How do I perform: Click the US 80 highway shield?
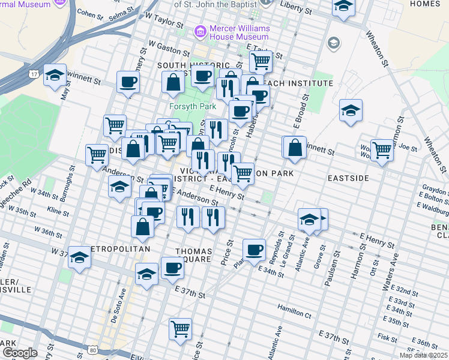pyautogui.click(x=92, y=349)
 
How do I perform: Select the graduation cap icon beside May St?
pyautogui.click(x=55, y=75)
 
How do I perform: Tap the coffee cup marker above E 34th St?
pyautogui.click(x=254, y=249)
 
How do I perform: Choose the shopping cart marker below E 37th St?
pyautogui.click(x=180, y=329)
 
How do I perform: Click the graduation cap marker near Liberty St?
pyautogui.click(x=343, y=7)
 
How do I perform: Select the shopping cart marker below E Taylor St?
pyautogui.click(x=261, y=61)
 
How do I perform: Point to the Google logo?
pyautogui.click(x=20, y=353)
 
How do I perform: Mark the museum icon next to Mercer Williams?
pyautogui.click(x=200, y=30)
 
